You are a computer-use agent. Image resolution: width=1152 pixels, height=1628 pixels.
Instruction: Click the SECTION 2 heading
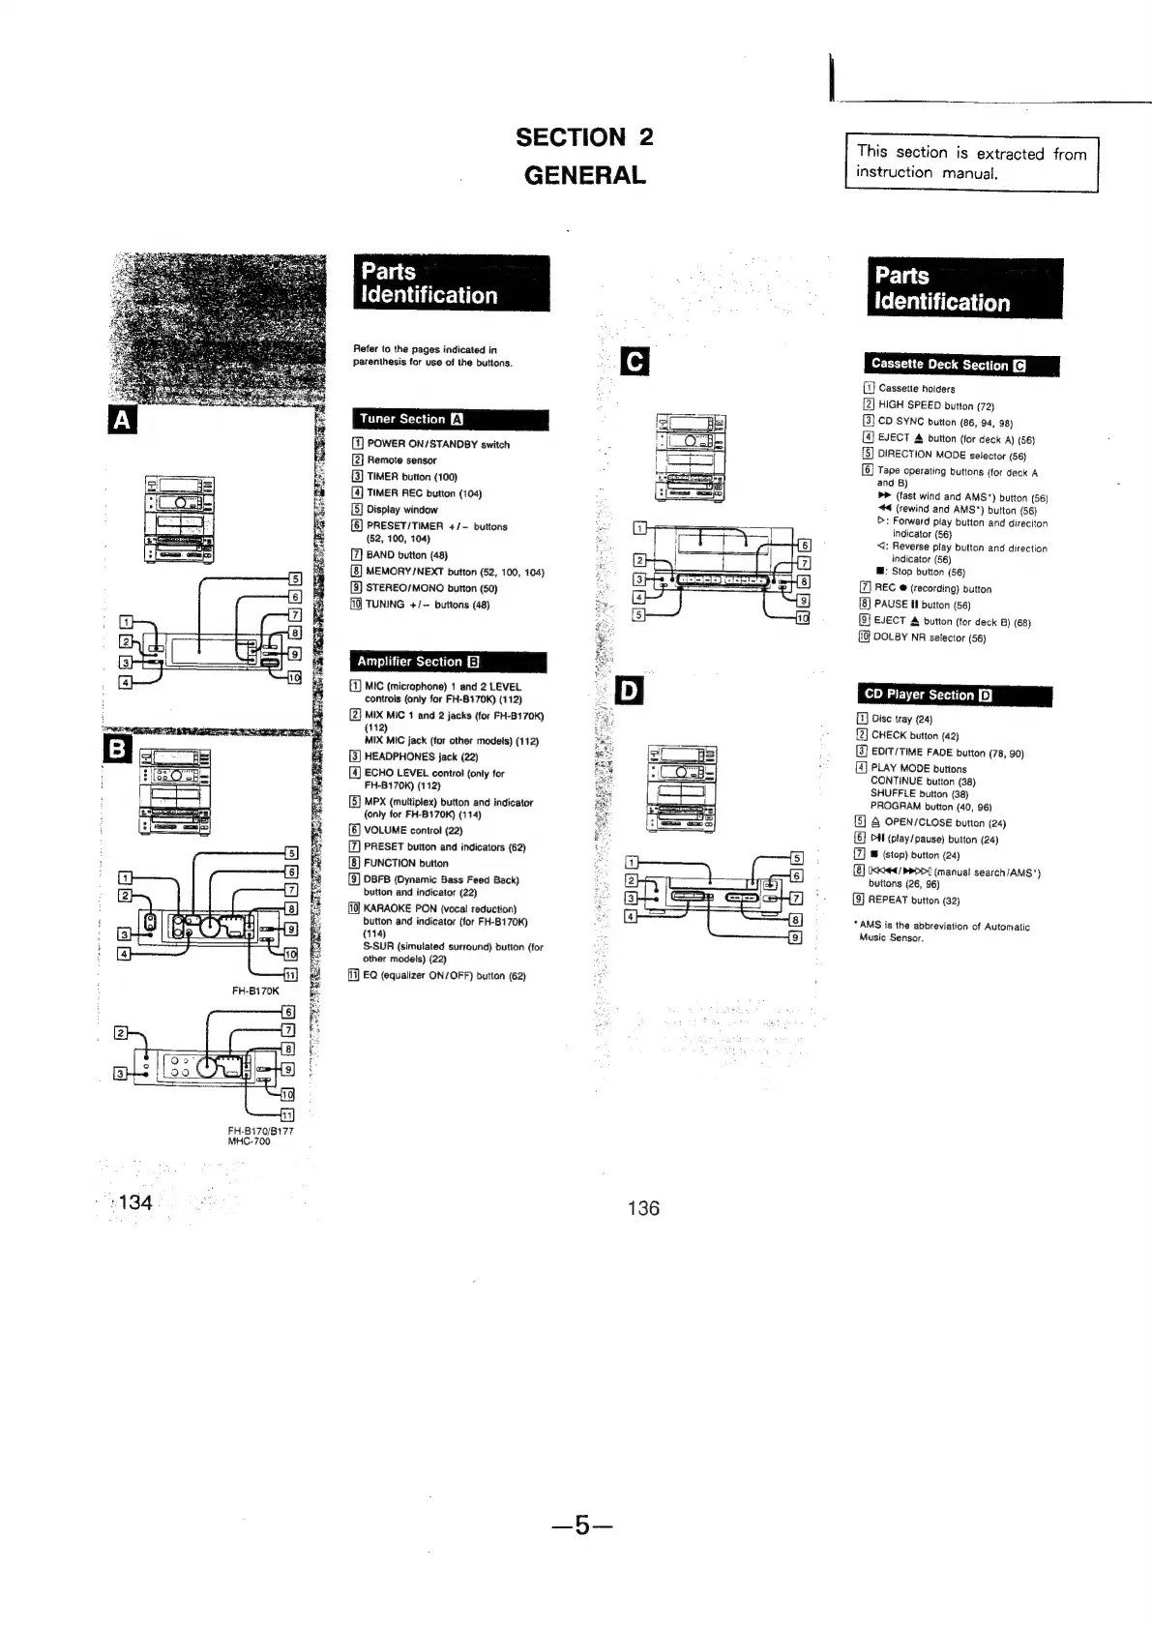click(584, 137)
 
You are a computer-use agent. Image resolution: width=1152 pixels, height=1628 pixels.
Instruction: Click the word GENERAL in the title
click(584, 176)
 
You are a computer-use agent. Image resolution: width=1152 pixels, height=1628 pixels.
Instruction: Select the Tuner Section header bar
click(450, 420)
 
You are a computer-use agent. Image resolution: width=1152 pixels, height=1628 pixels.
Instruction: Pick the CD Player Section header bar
click(954, 696)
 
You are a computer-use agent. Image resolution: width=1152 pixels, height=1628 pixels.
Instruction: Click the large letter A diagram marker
click(122, 421)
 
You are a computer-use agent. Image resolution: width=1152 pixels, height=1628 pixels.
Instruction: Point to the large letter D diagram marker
click(630, 690)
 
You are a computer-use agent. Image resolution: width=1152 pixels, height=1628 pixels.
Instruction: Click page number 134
click(135, 1202)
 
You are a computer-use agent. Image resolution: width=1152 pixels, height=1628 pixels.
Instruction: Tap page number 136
click(643, 1208)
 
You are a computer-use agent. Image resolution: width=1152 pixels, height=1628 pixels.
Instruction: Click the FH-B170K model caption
click(255, 991)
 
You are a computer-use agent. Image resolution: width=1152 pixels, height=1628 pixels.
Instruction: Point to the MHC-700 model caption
click(249, 1141)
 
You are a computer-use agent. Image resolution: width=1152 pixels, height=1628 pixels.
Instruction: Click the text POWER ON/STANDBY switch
click(437, 445)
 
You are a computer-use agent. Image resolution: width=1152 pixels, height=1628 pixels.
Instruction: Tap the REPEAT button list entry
click(915, 901)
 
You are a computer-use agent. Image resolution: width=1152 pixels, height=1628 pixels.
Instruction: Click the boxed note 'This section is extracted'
click(971, 163)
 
